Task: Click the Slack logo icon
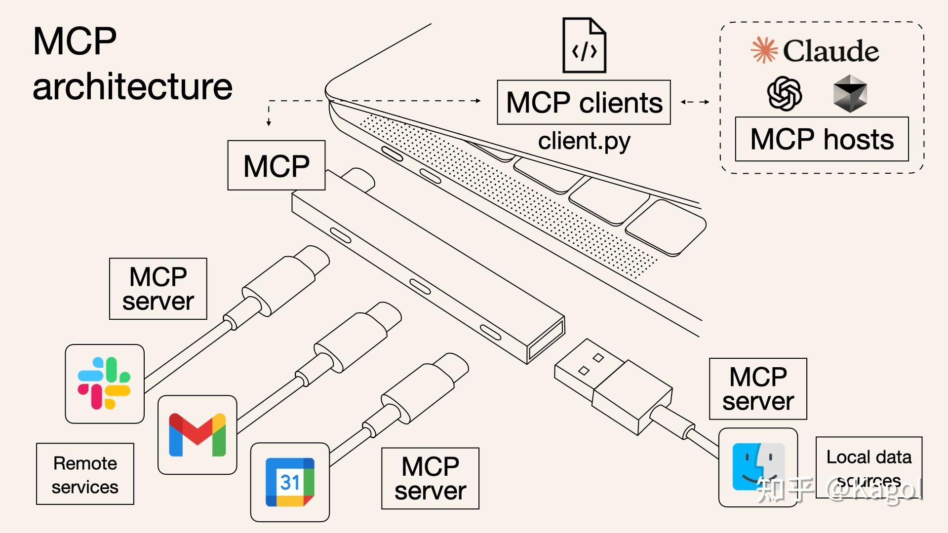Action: tap(104, 383)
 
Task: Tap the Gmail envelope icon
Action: tap(197, 435)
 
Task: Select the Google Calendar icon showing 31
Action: tap(290, 482)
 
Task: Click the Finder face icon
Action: tap(758, 467)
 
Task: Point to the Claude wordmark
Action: tap(830, 51)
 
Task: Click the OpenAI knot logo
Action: tap(784, 93)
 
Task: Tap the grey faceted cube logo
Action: tap(850, 93)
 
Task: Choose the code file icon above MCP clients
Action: tap(584, 45)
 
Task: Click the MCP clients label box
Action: tap(584, 103)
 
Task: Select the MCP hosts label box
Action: tap(822, 139)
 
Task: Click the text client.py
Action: tap(584, 141)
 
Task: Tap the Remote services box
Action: tap(85, 474)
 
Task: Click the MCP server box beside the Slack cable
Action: tap(158, 289)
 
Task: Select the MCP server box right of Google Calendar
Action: tap(430, 478)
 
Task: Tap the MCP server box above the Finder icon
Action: tap(758, 389)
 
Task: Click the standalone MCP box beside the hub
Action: tap(276, 165)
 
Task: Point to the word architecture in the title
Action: tap(132, 87)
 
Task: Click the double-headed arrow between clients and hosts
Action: tap(695, 102)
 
